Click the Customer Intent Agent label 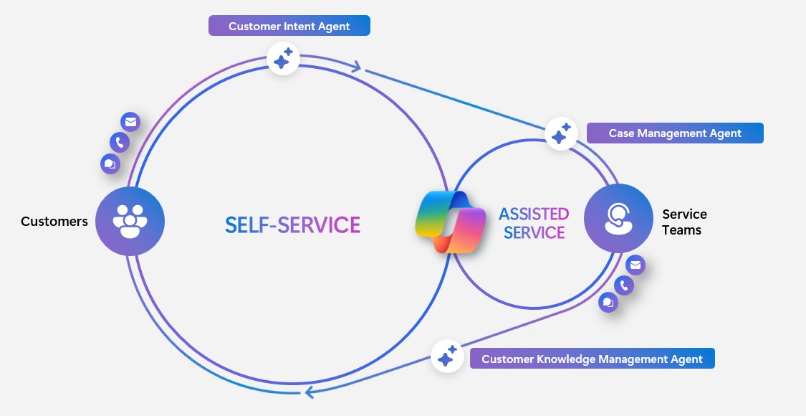coord(289,27)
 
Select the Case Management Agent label coord(674,133)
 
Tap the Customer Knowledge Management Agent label coord(592,359)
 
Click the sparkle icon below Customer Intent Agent coord(283,58)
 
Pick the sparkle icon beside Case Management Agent coord(561,134)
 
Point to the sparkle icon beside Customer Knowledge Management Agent coord(448,356)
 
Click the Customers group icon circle coord(130,221)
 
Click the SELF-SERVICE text coord(292,224)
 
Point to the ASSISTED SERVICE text coord(534,223)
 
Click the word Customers coord(54,222)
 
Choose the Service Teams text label coord(684,222)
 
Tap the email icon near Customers coord(130,122)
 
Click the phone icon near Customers coord(119,142)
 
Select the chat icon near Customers coord(110,164)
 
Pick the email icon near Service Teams coord(635,265)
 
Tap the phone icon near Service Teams coord(624,285)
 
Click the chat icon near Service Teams coord(608,302)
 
